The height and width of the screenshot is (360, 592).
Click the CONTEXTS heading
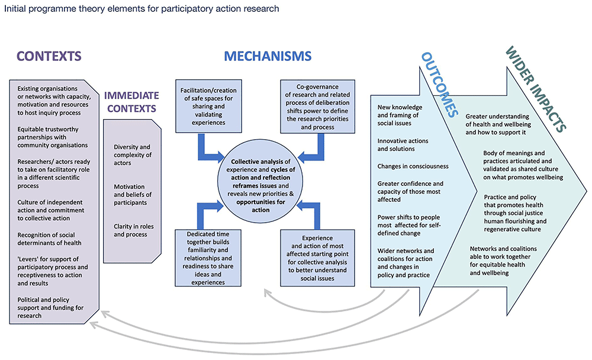pyautogui.click(x=49, y=57)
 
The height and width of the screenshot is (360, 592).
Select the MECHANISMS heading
pyautogui.click(x=267, y=57)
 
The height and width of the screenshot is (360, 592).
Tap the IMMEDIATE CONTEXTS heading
pyautogui.click(x=131, y=102)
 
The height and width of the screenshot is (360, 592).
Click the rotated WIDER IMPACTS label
pyautogui.click(x=535, y=89)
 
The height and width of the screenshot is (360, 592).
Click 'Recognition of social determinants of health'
pyautogui.click(x=49, y=239)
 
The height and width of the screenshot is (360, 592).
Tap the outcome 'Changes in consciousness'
pyautogui.click(x=413, y=166)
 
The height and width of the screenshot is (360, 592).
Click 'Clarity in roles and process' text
pyautogui.click(x=131, y=230)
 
